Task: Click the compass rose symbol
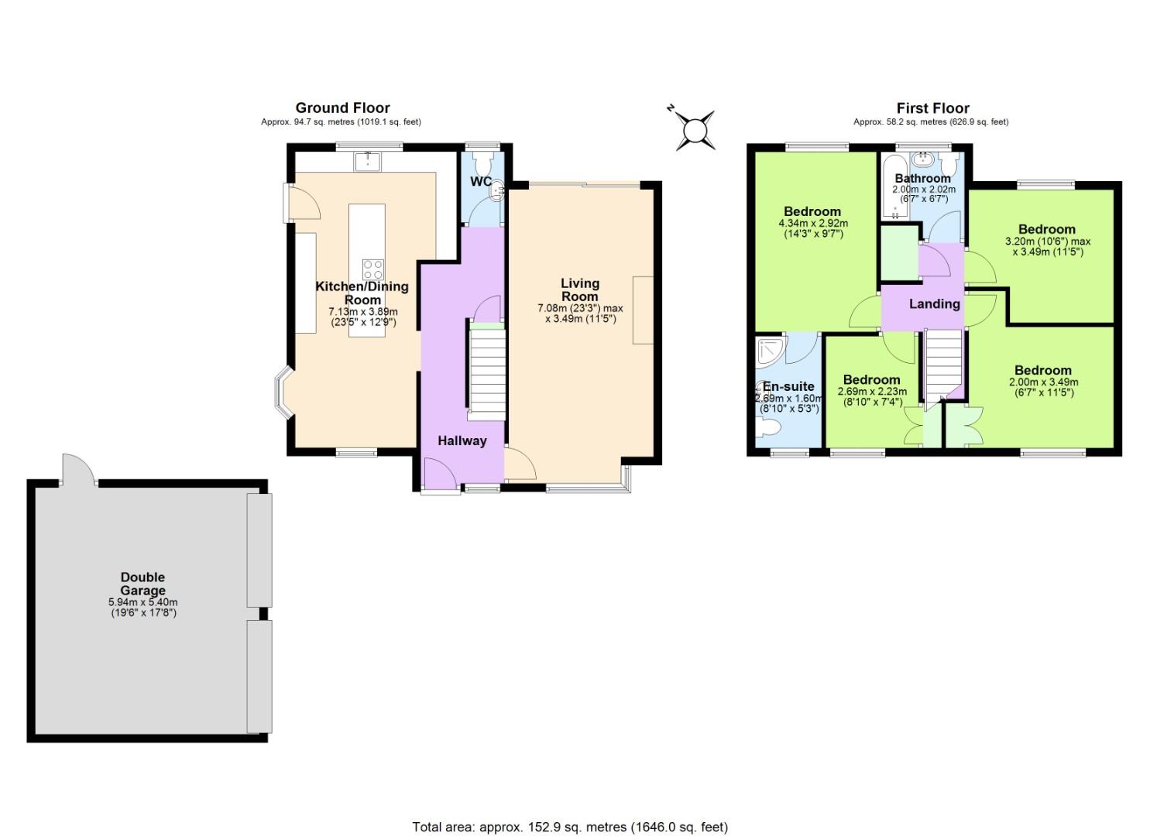point(694,128)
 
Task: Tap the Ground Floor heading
point(342,108)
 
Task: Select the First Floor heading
point(932,108)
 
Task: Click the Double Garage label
point(142,584)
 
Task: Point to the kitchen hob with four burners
point(373,269)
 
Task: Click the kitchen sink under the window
point(366,162)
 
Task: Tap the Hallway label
point(462,440)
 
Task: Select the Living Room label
point(579,290)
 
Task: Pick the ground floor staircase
point(487,372)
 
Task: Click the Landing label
point(934,303)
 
